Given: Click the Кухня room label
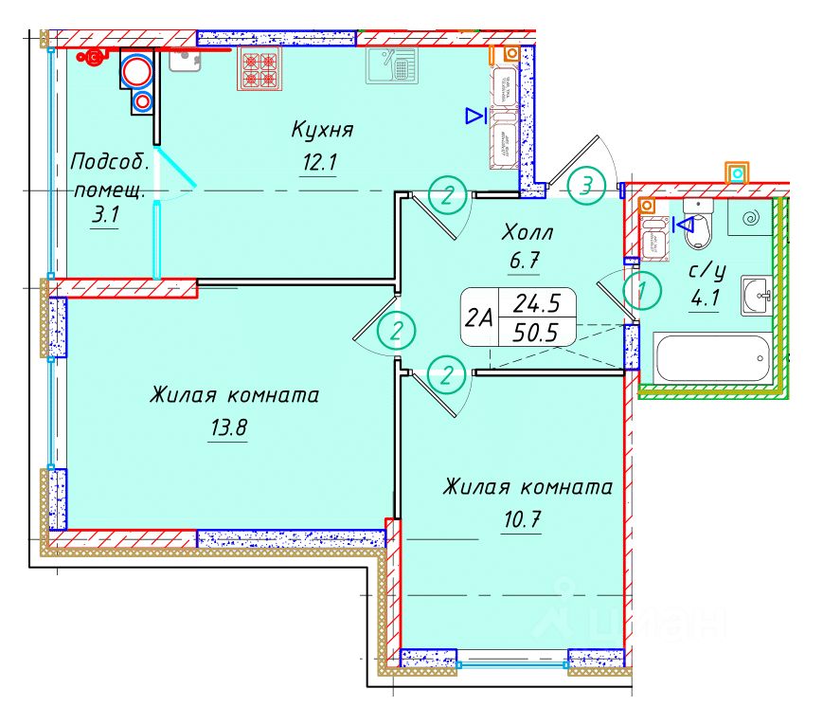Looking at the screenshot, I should click(322, 129).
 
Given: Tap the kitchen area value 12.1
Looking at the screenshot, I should click(319, 162).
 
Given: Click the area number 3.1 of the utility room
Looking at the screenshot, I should click(104, 215).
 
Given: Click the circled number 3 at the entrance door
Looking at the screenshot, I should click(587, 185).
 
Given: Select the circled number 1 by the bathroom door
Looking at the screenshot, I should click(644, 291).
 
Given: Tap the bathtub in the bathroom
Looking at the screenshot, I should click(712, 358).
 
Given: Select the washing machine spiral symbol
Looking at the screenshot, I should click(753, 219).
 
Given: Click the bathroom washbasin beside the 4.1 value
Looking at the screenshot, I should click(756, 294).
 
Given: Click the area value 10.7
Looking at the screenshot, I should click(524, 518).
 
